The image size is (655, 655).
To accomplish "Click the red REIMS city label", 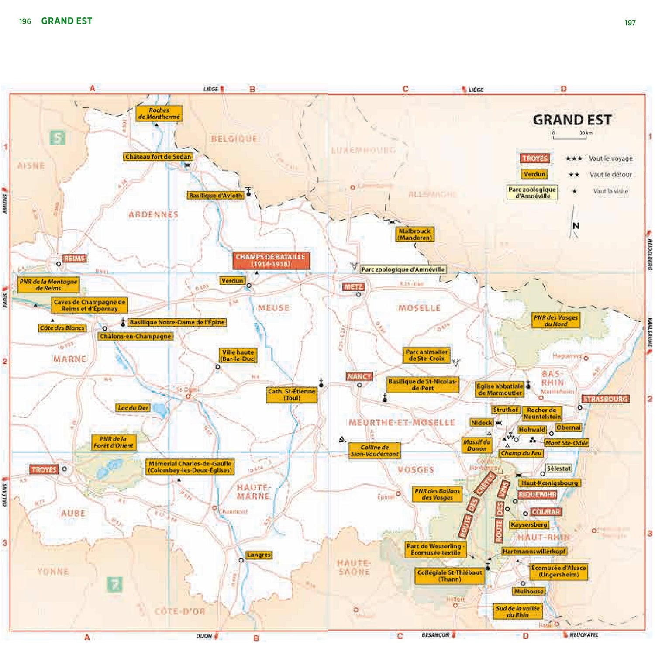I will point(74,259).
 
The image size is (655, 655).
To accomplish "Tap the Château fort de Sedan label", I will point(158,156).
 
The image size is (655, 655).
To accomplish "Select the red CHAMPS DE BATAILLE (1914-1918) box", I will point(271,260).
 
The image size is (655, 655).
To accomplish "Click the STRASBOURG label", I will point(605,399).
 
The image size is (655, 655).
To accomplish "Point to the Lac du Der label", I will point(133,408).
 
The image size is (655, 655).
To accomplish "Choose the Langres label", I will point(259,555).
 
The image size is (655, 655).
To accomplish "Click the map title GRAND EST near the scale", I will point(572,120).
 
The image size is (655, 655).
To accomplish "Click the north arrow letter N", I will point(576,226).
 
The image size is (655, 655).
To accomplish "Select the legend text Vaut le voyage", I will point(610,159).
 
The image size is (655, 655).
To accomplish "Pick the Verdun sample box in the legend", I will point(534,174).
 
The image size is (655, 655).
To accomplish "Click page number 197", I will point(630,23).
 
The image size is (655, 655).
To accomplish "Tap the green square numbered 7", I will point(114,584).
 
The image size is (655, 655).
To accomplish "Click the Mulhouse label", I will point(528,591).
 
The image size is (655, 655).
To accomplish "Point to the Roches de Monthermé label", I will point(159,114).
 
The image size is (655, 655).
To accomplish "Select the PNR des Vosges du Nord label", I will point(555,321).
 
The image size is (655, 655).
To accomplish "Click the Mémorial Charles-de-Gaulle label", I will point(190,467).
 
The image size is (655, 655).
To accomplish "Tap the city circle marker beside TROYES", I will point(64,469).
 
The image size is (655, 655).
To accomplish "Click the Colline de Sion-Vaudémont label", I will point(374,451).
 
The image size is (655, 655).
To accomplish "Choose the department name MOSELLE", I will point(419,308).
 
